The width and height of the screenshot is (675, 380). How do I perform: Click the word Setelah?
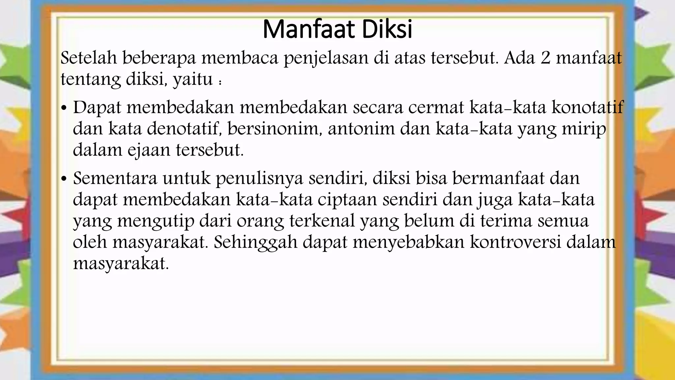89,58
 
